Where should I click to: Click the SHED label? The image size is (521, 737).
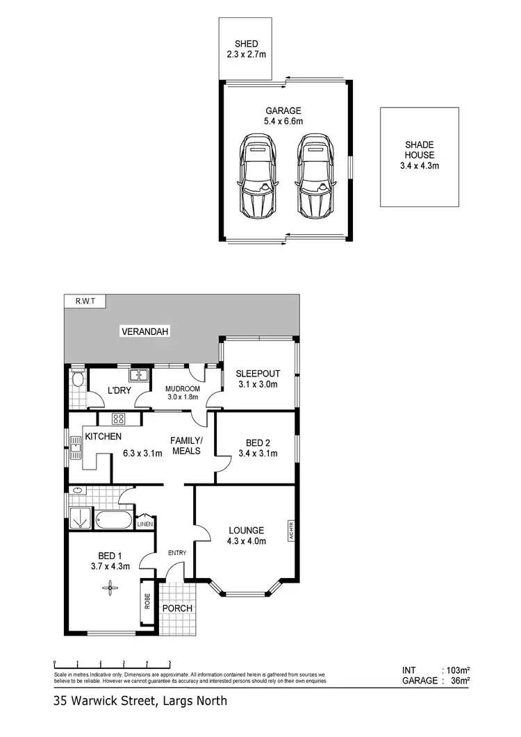pyautogui.click(x=246, y=44)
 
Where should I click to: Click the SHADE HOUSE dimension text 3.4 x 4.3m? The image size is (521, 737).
pyautogui.click(x=420, y=166)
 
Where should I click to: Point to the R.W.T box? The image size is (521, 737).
pyautogui.click(x=83, y=301)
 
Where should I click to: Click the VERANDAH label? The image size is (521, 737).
pyautogui.click(x=145, y=331)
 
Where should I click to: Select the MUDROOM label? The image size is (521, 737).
pyautogui.click(x=182, y=388)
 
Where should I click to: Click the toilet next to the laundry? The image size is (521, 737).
pyautogui.click(x=76, y=379)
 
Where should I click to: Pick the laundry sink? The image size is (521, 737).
pyautogui.click(x=142, y=376)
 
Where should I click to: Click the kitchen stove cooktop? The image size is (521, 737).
pyautogui.click(x=117, y=419)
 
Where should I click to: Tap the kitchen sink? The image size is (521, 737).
pyautogui.click(x=76, y=449)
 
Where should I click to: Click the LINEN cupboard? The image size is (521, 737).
pyautogui.click(x=146, y=524)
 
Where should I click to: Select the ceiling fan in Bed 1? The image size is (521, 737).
pyautogui.click(x=110, y=588)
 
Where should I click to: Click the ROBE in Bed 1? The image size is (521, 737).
pyautogui.click(x=147, y=600)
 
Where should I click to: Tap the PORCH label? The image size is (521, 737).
pyautogui.click(x=177, y=608)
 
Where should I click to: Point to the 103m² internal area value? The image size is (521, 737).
pyautogui.click(x=458, y=670)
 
